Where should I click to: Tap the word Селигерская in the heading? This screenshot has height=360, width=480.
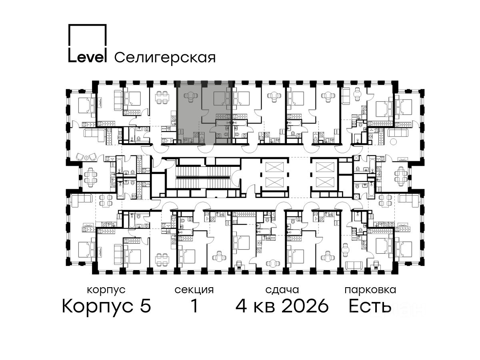165,58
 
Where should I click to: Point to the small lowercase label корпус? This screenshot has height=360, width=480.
106,290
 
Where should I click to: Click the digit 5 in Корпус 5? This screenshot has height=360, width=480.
146,306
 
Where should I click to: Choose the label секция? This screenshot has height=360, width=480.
194,290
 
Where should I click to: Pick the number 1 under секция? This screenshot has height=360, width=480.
194,306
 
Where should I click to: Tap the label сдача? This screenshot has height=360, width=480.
282,290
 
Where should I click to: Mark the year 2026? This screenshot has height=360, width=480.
305,306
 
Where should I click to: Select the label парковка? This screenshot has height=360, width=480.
370,290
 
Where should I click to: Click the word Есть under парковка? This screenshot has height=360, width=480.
370,306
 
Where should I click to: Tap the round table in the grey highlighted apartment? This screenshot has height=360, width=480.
190,96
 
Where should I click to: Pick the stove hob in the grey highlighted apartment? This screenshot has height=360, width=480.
196,135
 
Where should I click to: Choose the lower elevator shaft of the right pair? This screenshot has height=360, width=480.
325,182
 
